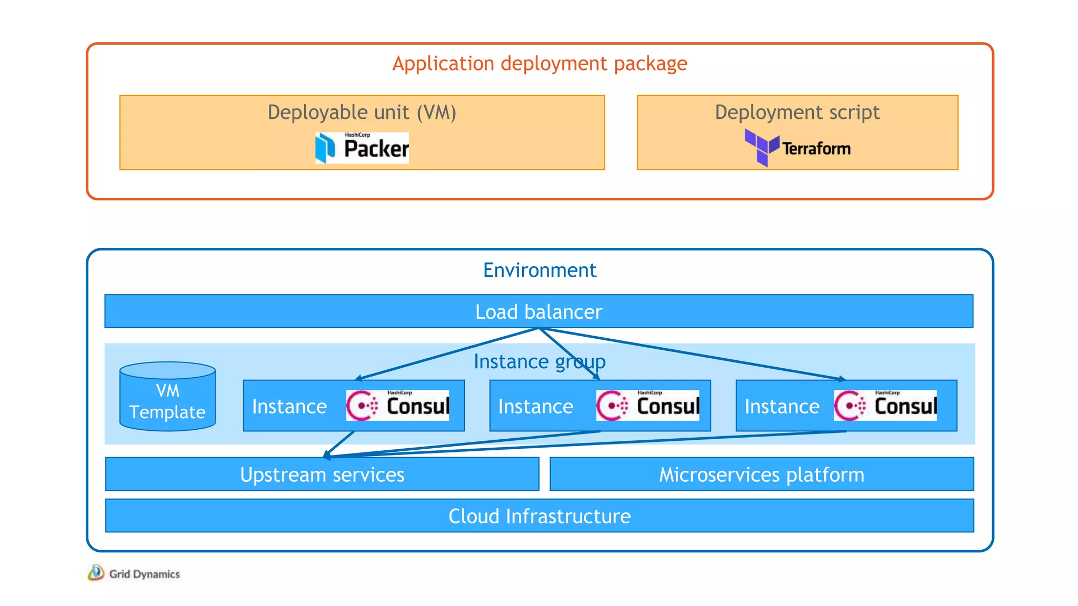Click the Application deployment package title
[x=540, y=64]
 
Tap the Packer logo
[x=362, y=148]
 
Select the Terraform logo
[x=797, y=148]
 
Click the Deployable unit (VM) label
[x=362, y=113]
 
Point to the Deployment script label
[x=797, y=113]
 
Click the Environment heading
[x=540, y=270]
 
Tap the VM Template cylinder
[x=167, y=397]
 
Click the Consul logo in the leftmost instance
[x=397, y=406]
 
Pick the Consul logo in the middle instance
[x=647, y=406]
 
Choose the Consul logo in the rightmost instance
[x=885, y=406]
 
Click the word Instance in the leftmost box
[x=290, y=407]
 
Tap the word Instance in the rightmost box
[x=782, y=407]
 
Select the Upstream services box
[x=322, y=474]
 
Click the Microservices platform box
[x=762, y=474]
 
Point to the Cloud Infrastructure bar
[x=540, y=516]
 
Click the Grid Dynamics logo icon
[x=96, y=573]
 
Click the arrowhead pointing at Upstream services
[x=327, y=455]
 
